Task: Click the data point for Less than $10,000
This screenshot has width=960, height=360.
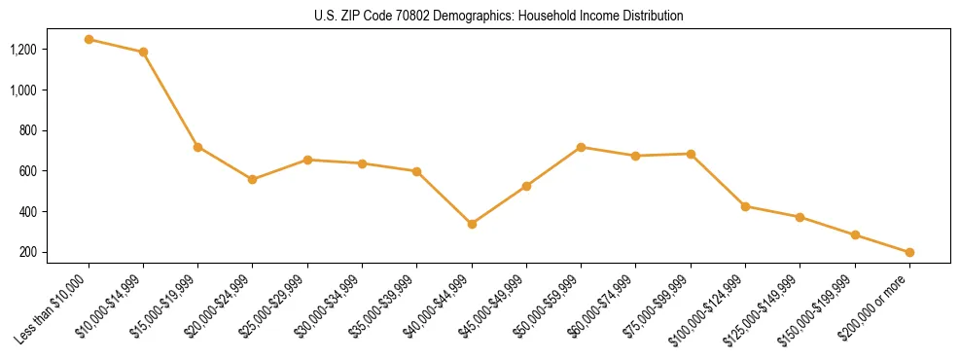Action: pos(89,40)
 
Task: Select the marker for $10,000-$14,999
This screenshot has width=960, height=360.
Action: pos(143,52)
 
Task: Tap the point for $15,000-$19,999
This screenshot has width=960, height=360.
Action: pos(197,147)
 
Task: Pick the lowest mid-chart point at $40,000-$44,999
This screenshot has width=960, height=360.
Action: pos(472,224)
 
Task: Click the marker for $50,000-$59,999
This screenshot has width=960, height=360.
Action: pos(581,147)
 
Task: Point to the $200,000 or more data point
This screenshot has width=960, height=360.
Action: pos(909,252)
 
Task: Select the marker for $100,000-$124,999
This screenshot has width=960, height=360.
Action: pos(745,206)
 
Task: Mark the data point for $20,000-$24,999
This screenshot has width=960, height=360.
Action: pos(253,179)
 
